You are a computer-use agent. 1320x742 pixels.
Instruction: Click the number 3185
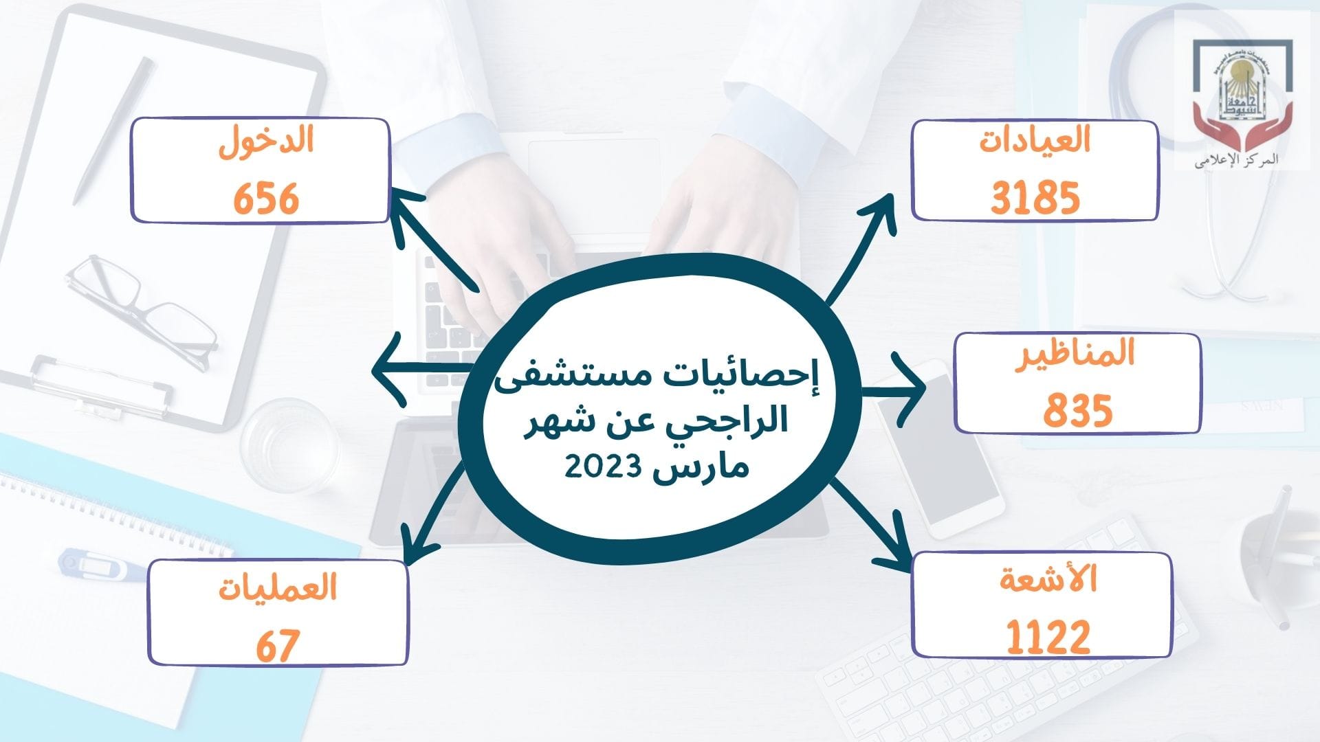(x=1035, y=198)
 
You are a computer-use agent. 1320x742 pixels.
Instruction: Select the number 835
(x=1078, y=410)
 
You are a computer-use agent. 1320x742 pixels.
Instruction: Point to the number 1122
(x=1048, y=636)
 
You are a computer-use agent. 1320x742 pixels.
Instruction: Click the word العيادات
(x=1035, y=140)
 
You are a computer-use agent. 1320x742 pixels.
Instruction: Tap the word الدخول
(x=266, y=142)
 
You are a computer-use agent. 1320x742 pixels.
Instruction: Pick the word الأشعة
(x=1048, y=579)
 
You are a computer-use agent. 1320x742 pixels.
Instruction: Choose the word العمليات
(x=278, y=588)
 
